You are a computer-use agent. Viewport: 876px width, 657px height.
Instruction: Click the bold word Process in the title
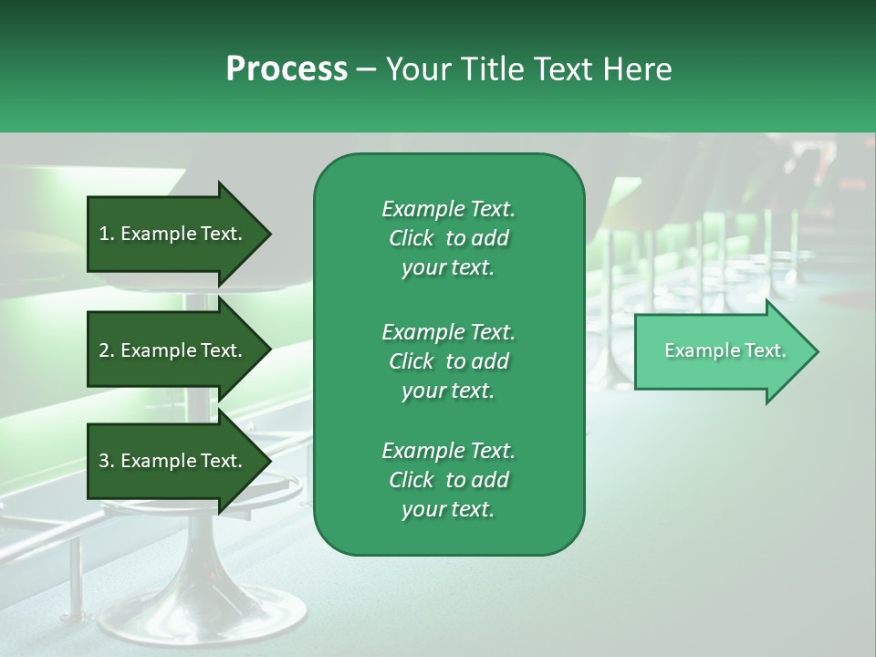click(287, 69)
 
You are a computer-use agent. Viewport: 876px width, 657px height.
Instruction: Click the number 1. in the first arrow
click(107, 234)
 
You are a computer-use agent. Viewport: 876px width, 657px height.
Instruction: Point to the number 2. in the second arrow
click(107, 350)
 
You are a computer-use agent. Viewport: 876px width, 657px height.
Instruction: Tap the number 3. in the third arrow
click(107, 461)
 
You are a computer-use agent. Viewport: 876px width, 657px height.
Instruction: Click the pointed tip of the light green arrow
click(814, 351)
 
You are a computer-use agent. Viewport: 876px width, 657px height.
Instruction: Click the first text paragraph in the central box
click(448, 238)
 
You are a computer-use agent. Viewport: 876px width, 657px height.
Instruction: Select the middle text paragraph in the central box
click(448, 361)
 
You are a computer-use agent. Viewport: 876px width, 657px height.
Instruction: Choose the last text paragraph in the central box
click(448, 480)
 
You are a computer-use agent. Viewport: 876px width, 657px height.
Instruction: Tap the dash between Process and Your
click(366, 70)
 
